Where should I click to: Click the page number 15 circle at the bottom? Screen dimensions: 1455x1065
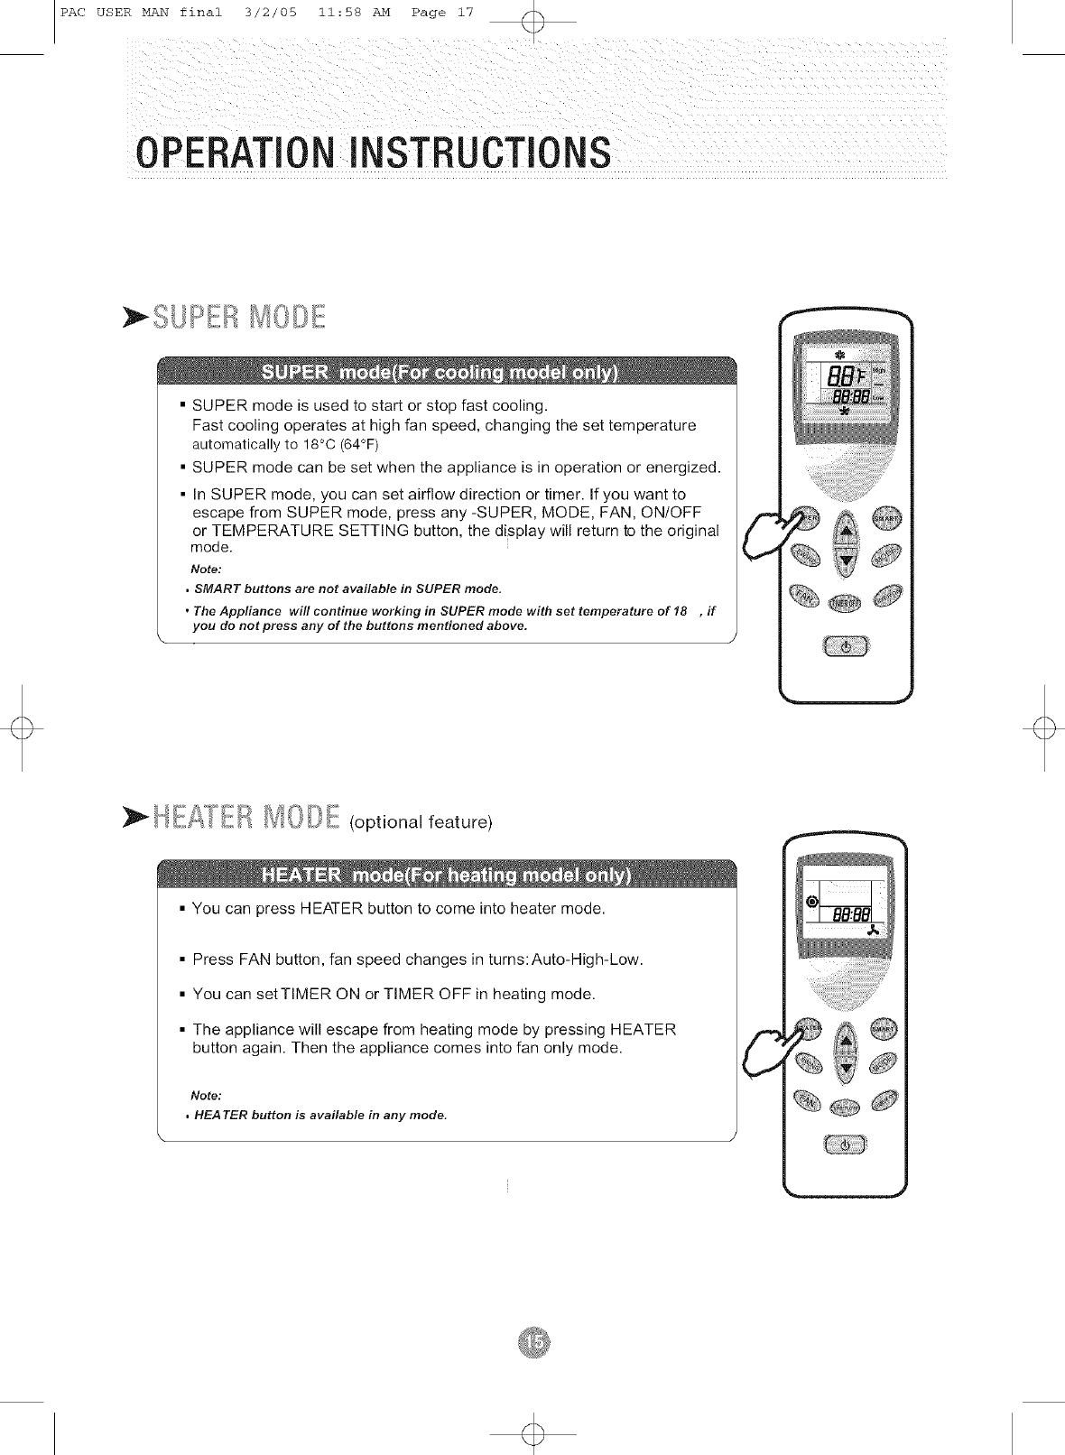533,1343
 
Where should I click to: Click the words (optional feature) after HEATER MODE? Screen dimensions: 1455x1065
421,822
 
